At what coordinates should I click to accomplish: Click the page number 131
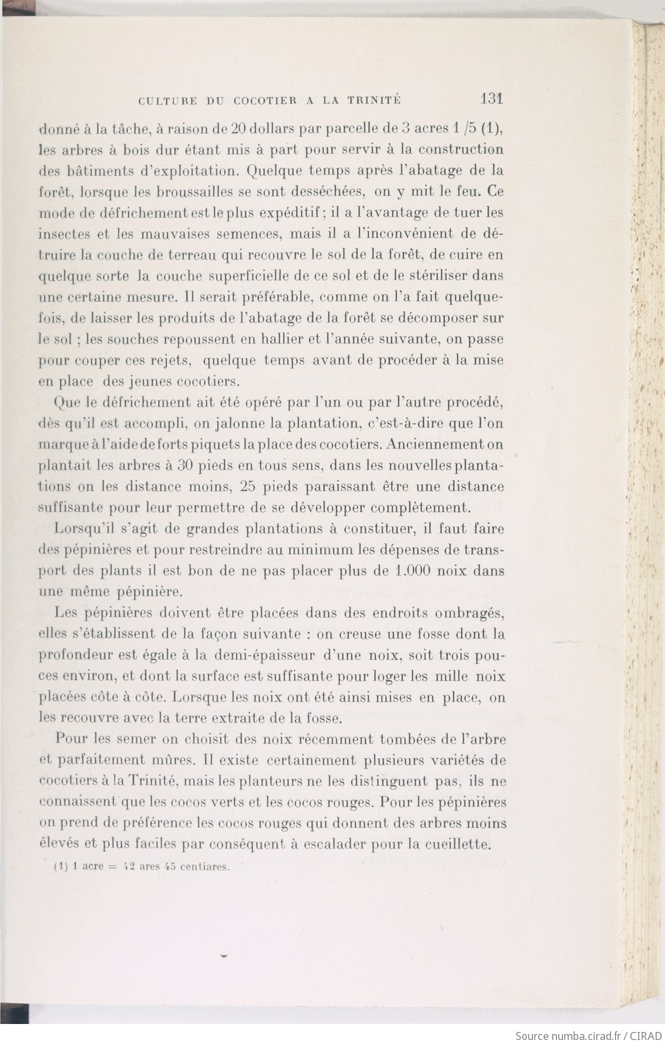[490, 99]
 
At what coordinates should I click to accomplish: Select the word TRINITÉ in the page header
[374, 101]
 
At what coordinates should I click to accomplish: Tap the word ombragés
[470, 613]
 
